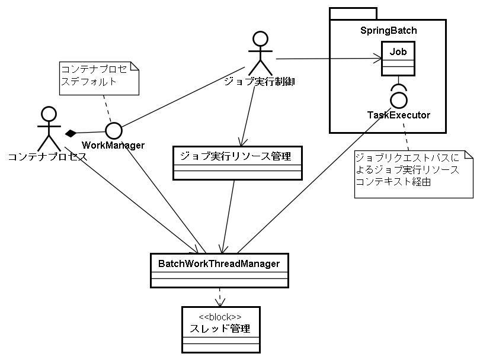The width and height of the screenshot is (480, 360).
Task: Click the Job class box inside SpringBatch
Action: [x=398, y=60]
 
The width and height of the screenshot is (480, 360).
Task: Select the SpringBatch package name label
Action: [x=388, y=30]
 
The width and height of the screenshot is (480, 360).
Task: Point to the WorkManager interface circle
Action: [x=113, y=130]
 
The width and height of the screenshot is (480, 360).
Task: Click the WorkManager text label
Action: [x=113, y=145]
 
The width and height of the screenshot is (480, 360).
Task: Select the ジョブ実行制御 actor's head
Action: [x=260, y=39]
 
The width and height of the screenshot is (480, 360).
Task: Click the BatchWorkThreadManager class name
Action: [x=219, y=263]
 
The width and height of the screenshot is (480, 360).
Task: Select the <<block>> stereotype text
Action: [x=220, y=316]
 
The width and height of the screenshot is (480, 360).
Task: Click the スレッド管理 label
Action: [x=220, y=328]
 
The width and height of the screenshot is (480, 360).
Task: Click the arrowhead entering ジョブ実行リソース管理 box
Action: [x=241, y=143]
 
